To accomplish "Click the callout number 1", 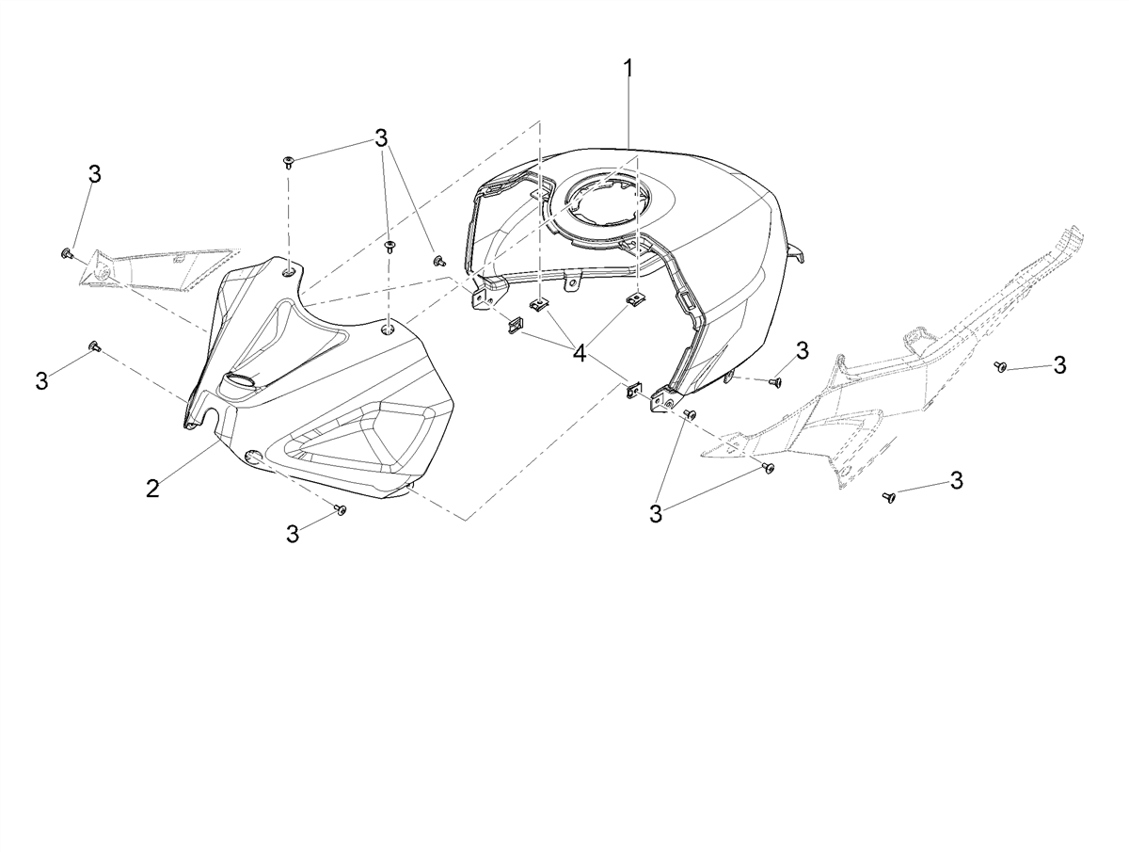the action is click(x=628, y=74).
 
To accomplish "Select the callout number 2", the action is click(x=152, y=488).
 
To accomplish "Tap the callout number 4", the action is click(x=580, y=353).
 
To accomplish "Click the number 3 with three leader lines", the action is click(x=381, y=137).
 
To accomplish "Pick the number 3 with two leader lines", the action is click(x=655, y=514).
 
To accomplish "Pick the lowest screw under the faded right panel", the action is click(x=888, y=496).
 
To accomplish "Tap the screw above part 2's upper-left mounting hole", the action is click(x=289, y=163).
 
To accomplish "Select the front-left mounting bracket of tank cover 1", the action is click(x=484, y=295).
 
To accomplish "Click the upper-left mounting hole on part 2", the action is click(x=289, y=271).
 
